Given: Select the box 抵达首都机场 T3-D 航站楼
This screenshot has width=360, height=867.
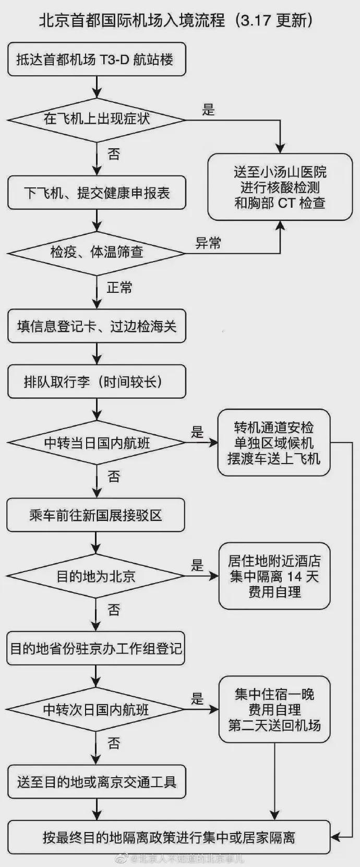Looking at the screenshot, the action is [97, 59].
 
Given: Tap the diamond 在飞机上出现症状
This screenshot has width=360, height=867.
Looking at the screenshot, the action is [97, 120].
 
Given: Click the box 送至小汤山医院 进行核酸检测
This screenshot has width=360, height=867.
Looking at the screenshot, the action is [280, 187].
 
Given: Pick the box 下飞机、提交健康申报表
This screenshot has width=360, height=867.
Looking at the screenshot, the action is [97, 193].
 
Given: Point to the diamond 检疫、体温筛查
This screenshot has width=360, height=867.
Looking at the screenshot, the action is [97, 254].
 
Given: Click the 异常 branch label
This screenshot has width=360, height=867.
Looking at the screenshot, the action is [208, 243].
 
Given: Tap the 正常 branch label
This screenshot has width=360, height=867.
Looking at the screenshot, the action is [119, 288].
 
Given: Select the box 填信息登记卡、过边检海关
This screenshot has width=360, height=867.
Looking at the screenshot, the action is [97, 326].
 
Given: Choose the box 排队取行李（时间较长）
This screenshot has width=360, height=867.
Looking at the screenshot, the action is [97, 382].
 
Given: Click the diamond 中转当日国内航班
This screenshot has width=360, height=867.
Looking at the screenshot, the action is [97, 443].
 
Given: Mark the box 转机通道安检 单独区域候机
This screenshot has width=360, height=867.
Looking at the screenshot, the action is [274, 443].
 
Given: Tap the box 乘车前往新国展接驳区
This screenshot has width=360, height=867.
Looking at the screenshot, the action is [95, 515].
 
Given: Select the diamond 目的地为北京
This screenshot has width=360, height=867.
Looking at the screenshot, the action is [95, 576].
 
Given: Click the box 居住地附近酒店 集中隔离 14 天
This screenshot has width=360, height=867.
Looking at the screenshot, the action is [274, 576].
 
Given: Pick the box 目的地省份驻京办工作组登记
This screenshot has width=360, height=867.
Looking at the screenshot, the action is [95, 648].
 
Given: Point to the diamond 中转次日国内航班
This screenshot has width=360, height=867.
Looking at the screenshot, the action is [95, 709].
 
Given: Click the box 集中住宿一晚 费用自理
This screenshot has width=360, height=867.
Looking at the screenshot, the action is [274, 709].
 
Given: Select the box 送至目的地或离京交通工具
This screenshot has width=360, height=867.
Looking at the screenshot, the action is [97, 781].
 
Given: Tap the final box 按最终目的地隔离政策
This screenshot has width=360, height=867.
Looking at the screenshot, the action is [169, 837].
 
